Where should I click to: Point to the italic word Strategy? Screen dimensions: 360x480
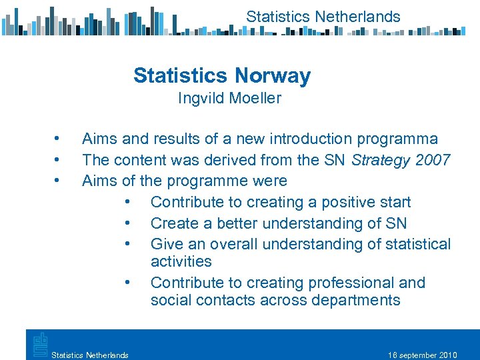click(x=377, y=160)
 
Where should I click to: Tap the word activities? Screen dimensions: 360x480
click(x=181, y=261)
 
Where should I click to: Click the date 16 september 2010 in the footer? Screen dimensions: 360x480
click(x=422, y=355)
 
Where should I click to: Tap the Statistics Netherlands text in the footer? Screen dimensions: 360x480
click(x=90, y=355)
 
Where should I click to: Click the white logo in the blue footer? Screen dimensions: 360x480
click(x=38, y=345)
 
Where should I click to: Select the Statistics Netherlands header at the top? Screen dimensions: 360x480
click(x=323, y=17)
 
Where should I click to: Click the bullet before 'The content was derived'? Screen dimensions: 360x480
click(x=58, y=160)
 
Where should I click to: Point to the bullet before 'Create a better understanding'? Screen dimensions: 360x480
click(x=127, y=223)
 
